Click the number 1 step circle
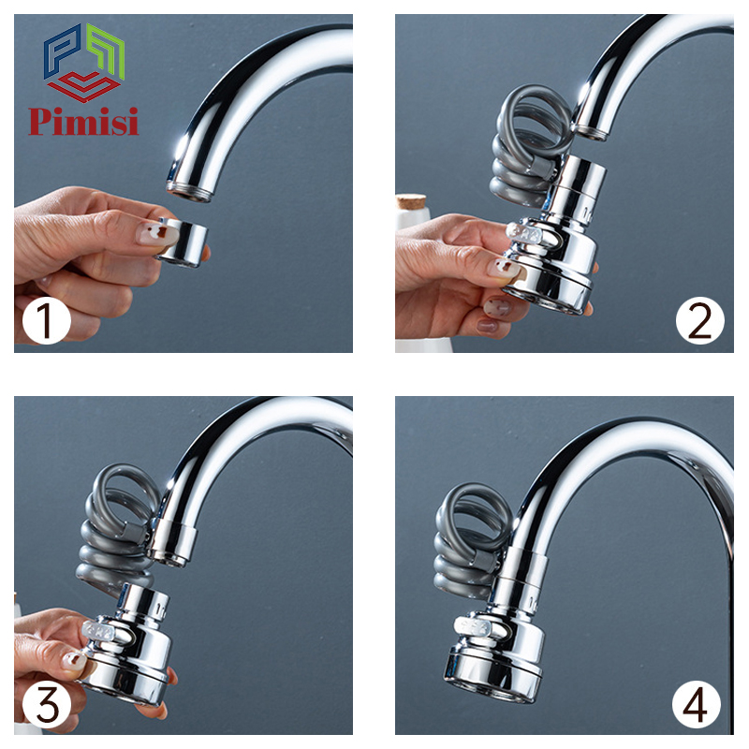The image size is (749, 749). click(46, 319)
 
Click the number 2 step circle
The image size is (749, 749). click(699, 319)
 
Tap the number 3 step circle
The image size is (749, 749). click(46, 704)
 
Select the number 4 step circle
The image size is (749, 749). click(696, 704)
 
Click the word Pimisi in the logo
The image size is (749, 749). click(83, 122)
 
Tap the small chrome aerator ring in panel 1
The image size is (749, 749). click(182, 242)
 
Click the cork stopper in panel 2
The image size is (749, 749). click(411, 201)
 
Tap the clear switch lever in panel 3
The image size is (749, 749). click(100, 630)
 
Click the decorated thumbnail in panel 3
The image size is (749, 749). click(74, 661)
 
